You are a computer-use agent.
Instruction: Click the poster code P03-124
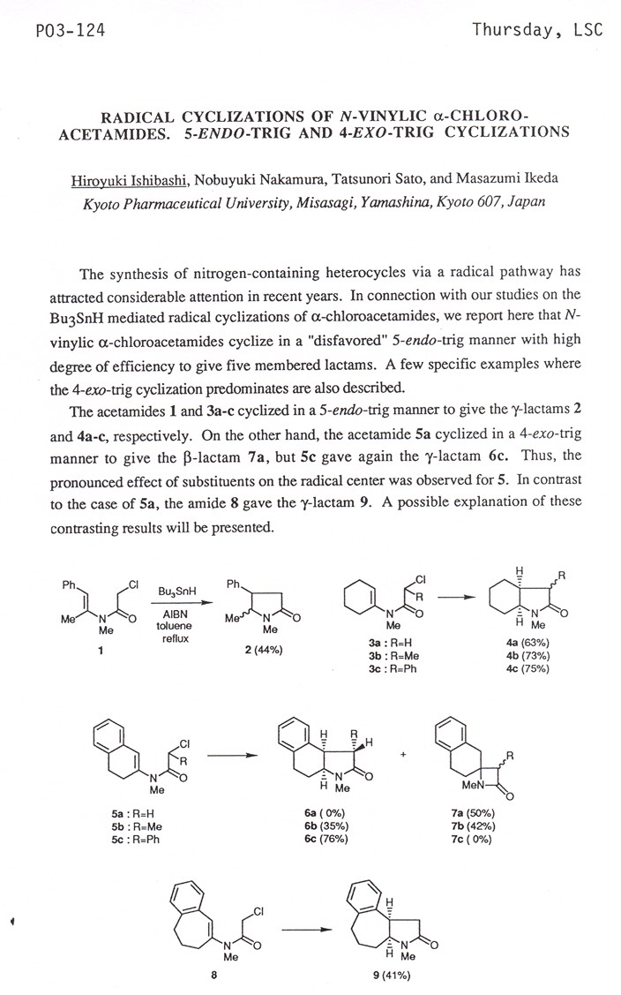coord(59,31)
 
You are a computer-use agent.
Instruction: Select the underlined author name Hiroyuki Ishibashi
coord(140,179)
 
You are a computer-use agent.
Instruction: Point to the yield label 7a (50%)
coord(471,813)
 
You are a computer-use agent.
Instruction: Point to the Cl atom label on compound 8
coord(261,910)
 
